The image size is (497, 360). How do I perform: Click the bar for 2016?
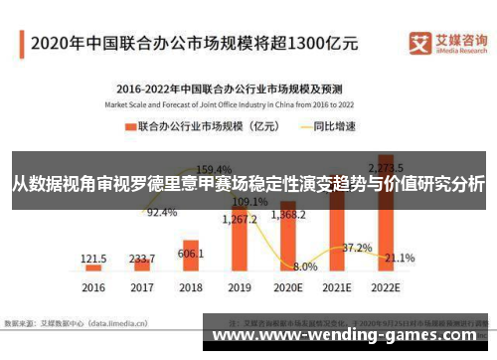pos(93,267)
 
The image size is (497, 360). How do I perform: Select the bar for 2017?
pos(142,265)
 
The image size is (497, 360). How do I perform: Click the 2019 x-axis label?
pos(240,286)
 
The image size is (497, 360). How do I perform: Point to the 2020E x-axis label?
pos(288,286)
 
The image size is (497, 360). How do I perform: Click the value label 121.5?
pos(93,256)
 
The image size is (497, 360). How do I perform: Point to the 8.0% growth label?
pos(306,267)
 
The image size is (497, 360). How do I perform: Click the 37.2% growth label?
pos(357,247)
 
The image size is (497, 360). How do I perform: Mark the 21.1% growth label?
pos(400,258)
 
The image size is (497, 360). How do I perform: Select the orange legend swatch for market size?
pos(129,127)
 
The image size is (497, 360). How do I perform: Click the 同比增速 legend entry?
pos(324,127)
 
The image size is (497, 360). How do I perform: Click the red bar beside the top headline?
pos(22,44)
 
